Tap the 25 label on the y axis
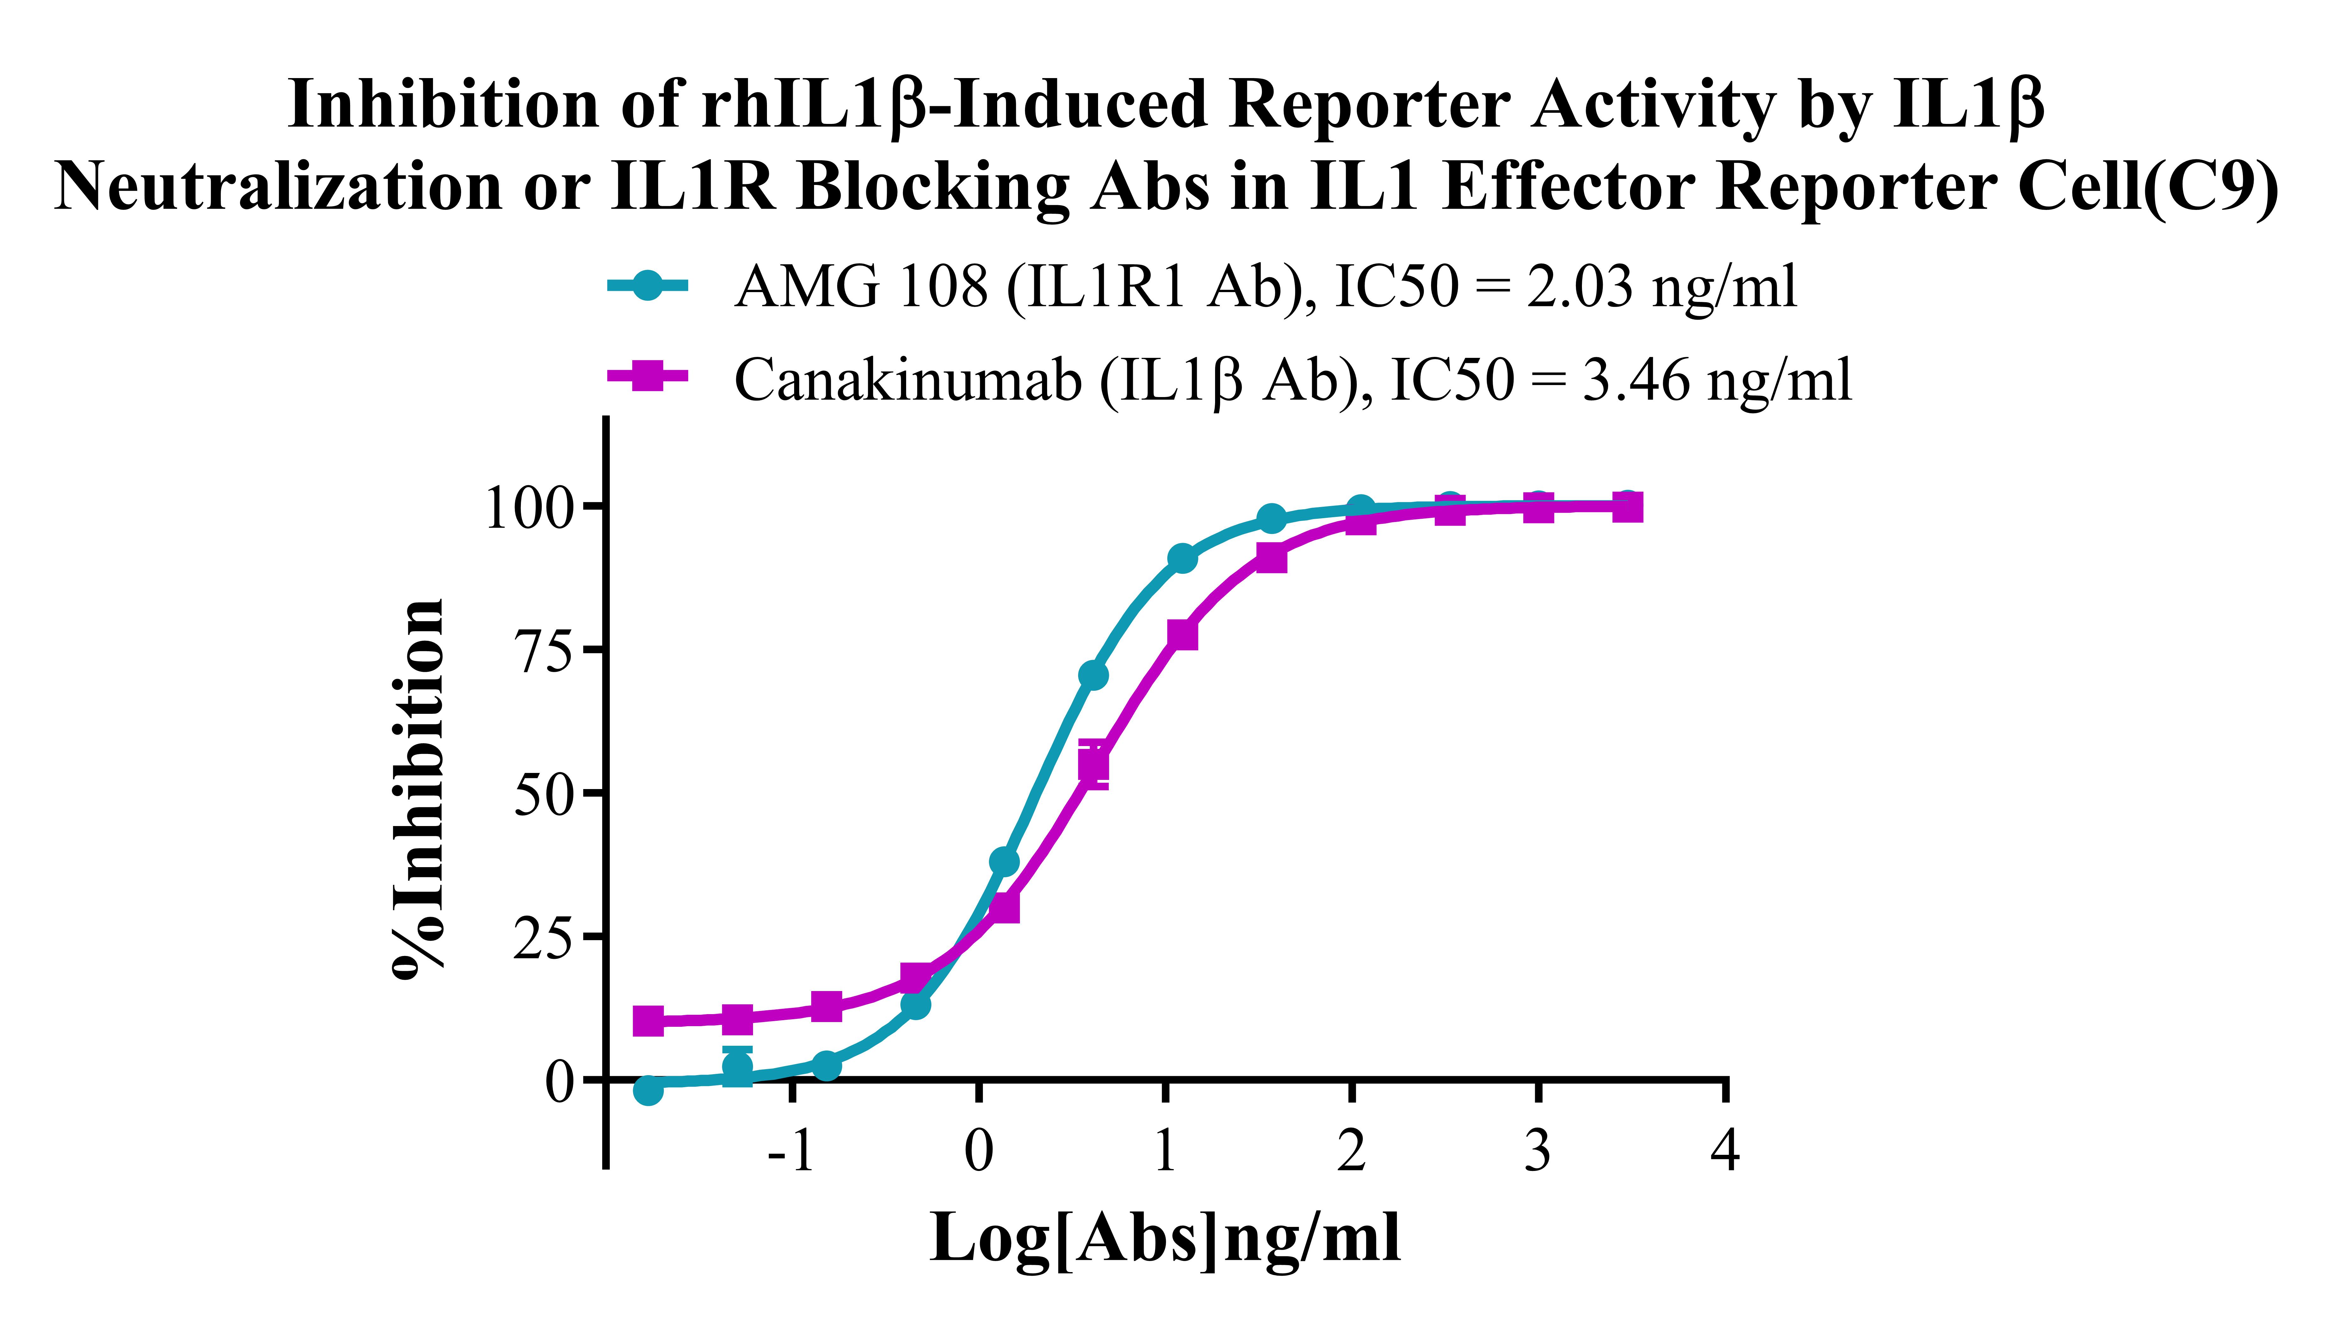coord(546,937)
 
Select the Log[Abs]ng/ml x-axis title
coord(1164,1239)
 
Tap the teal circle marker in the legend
coord(647,286)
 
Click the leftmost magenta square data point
coord(647,1020)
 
